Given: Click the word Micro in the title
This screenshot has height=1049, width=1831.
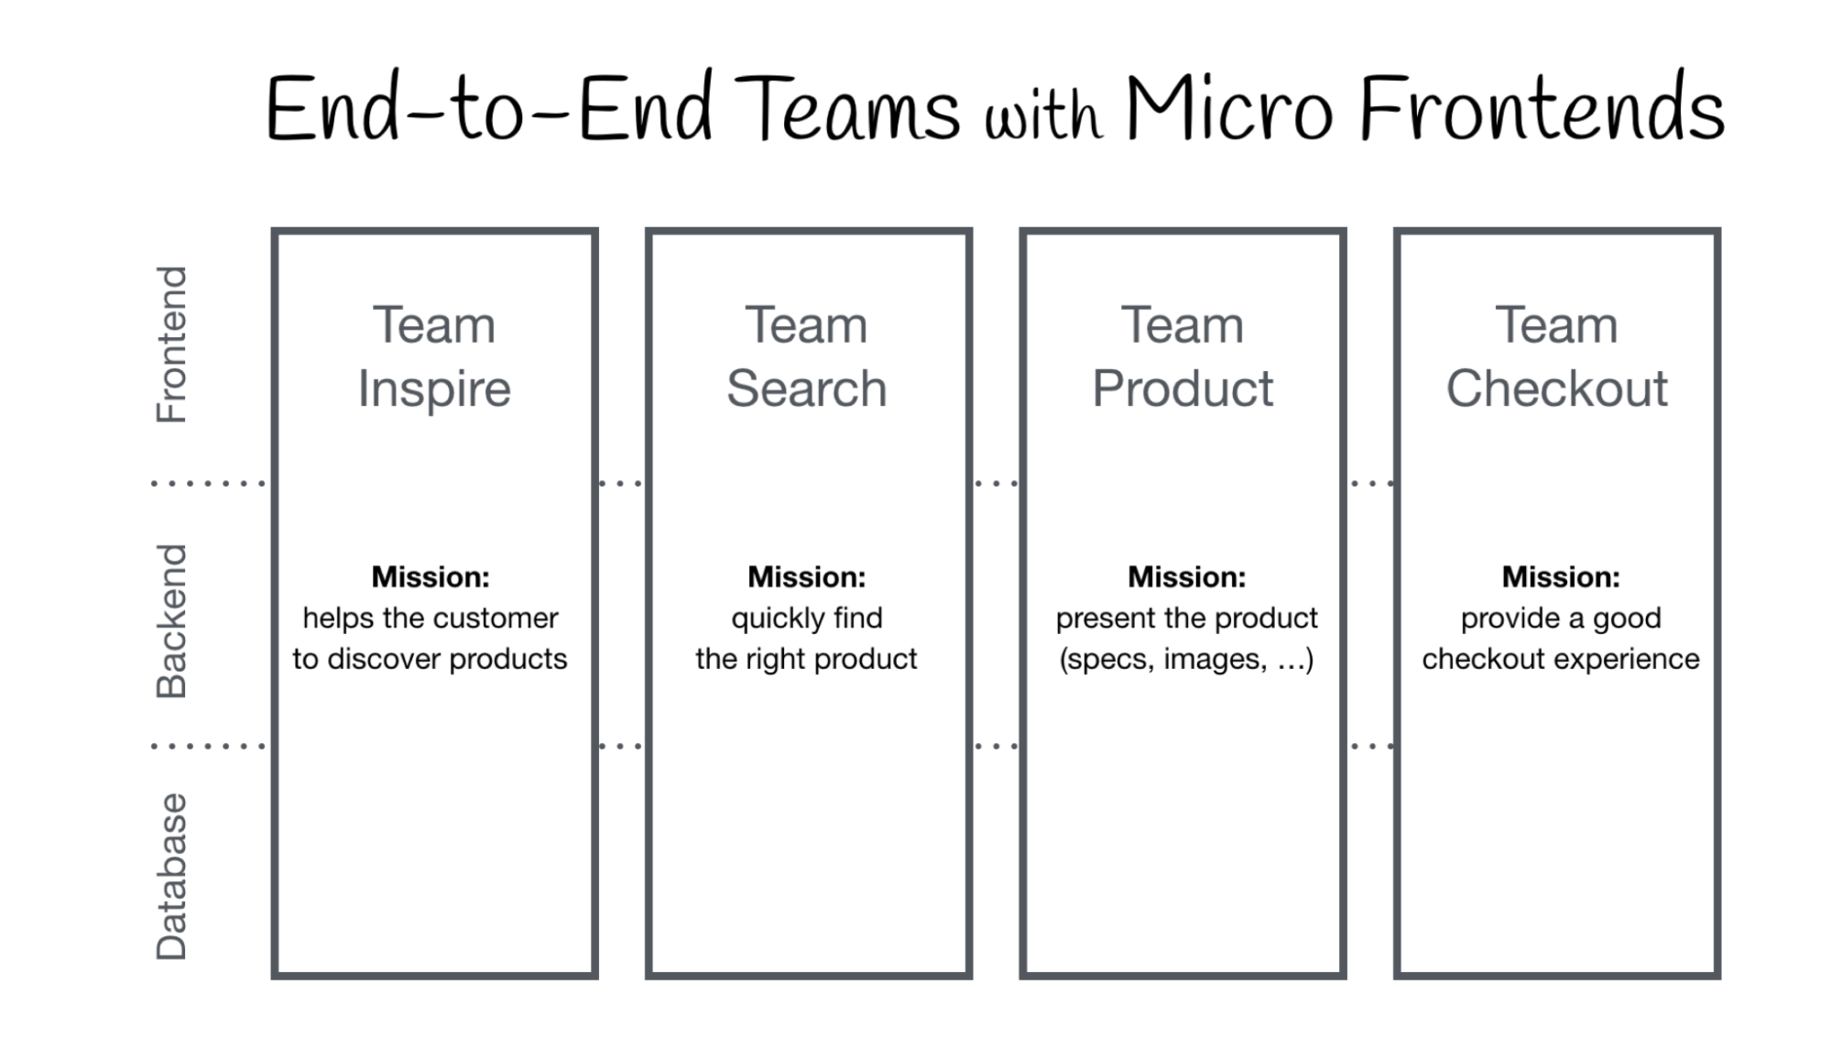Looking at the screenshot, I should (x=1228, y=108).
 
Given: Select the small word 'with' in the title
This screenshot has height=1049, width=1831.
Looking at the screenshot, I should (x=1042, y=116).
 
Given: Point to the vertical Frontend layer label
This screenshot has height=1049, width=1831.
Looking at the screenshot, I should (x=171, y=344).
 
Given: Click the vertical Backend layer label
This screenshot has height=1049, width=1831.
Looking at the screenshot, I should (x=171, y=621).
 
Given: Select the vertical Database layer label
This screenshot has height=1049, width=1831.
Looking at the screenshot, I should (x=171, y=876).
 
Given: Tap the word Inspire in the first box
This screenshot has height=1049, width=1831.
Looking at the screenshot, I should (x=434, y=389).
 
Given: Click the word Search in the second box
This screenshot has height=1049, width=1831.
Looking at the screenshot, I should (x=807, y=388).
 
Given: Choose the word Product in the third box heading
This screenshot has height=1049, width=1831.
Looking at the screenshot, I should (x=1183, y=388).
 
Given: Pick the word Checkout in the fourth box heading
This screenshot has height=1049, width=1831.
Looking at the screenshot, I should (x=1556, y=388).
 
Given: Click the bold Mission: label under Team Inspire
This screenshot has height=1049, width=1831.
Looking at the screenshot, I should (x=431, y=577).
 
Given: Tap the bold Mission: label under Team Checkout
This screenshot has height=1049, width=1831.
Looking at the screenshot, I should (x=1561, y=577).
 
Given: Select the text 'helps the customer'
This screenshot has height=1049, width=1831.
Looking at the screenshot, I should (x=431, y=618).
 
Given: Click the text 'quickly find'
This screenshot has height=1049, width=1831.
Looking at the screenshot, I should (x=807, y=618).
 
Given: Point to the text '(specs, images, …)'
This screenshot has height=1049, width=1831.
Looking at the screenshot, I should (x=1186, y=659).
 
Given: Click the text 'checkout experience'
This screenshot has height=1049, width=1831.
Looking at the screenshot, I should (x=1561, y=659).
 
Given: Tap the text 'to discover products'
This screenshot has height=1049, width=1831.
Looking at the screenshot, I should (x=431, y=659).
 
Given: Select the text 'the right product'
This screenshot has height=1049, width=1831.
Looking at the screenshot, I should (x=806, y=659).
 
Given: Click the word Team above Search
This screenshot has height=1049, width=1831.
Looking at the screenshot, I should (x=806, y=325).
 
